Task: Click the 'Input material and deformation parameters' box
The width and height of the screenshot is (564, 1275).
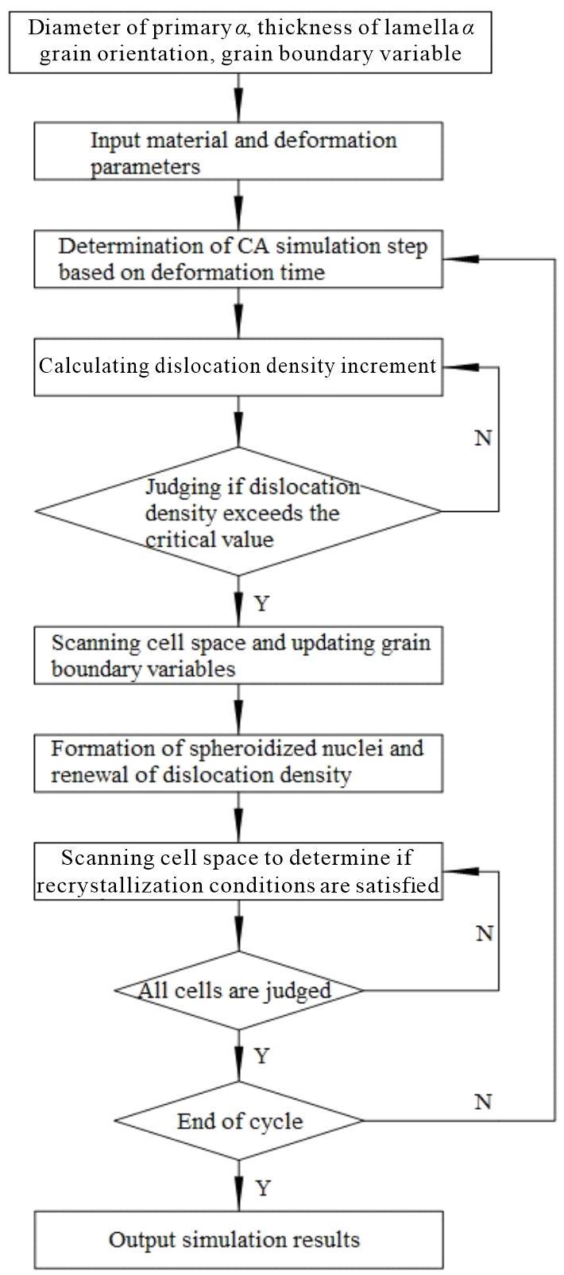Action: click(238, 151)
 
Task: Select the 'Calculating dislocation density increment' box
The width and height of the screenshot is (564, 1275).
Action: click(238, 367)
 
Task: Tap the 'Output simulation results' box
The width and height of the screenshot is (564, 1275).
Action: click(238, 1239)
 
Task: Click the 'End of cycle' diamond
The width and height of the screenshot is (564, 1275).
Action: click(239, 1121)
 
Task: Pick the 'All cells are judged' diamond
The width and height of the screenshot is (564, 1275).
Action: click(239, 990)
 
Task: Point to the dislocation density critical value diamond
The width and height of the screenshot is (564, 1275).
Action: click(238, 511)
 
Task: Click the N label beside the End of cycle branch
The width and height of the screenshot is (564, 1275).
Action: click(483, 1102)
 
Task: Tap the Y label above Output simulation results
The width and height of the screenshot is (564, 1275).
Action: click(262, 1188)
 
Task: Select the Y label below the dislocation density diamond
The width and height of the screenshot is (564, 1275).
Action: click(261, 603)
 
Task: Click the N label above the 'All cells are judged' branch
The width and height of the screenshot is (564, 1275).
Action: click(485, 933)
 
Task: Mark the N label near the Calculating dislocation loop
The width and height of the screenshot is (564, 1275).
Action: click(483, 438)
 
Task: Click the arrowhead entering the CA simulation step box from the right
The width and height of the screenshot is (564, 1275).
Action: click(461, 259)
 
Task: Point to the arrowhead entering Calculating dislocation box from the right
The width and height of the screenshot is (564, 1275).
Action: click(461, 367)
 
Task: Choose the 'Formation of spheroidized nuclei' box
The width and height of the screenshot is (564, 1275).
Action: click(238, 763)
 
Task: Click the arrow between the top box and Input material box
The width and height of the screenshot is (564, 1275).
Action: click(239, 98)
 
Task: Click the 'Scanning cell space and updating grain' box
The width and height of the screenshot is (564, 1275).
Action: click(238, 655)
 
